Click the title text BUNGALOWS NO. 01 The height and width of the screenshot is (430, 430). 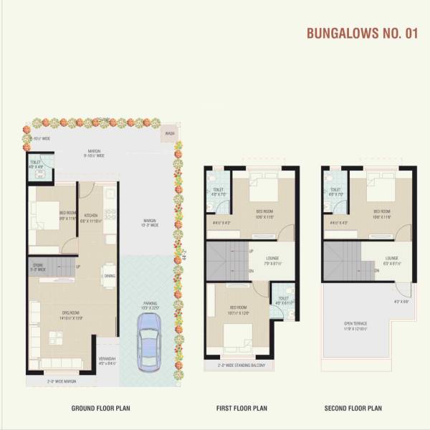pyautogui.click(x=360, y=33)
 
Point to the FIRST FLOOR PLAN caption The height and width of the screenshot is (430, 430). pyautogui.click(x=242, y=408)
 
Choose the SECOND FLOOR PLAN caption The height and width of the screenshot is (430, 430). pyautogui.click(x=353, y=408)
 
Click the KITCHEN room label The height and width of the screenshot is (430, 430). pyautogui.click(x=91, y=217)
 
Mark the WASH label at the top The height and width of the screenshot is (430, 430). pyautogui.click(x=169, y=133)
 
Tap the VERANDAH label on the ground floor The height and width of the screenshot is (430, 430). pyautogui.click(x=107, y=359)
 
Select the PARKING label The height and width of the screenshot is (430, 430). pyautogui.click(x=150, y=304)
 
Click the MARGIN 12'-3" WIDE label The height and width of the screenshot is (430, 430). pyautogui.click(x=149, y=223)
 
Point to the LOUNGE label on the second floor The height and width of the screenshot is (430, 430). pyautogui.click(x=391, y=259)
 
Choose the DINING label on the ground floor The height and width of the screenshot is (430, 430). pyautogui.click(x=109, y=276)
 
